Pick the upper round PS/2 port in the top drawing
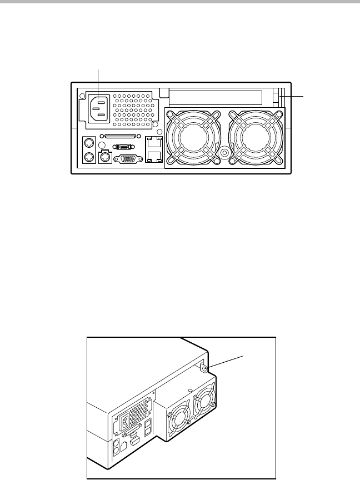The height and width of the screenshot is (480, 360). (x=87, y=143)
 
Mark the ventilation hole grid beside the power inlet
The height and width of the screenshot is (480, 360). (x=134, y=108)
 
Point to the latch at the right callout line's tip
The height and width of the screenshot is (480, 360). (x=281, y=97)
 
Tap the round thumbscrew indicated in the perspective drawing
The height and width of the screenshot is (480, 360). (x=204, y=368)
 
